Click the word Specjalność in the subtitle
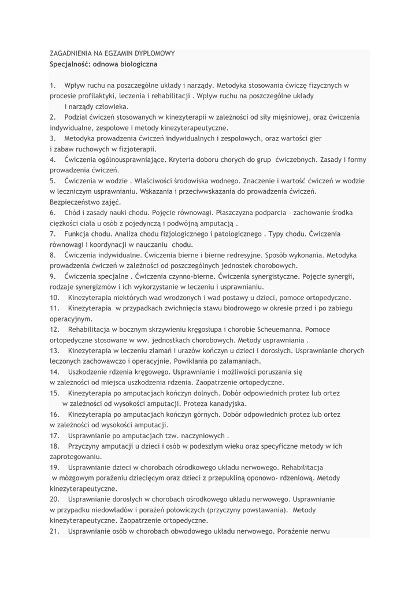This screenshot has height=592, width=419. pos(70,64)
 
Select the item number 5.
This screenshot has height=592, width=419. pos(52,181)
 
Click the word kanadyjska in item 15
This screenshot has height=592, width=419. pos(227,404)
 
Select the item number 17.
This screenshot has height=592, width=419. pos(55,435)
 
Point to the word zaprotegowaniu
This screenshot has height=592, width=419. pos(76,457)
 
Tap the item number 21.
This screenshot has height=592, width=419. pos(55,531)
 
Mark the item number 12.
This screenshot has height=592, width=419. pos(55,330)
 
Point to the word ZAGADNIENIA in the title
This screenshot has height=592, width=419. pos(71,53)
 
